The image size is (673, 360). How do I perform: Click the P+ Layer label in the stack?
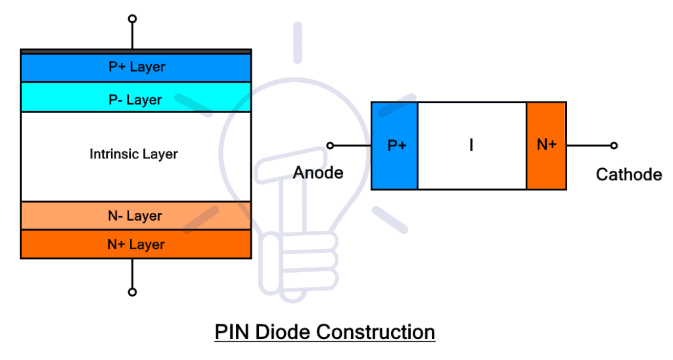[x=136, y=67]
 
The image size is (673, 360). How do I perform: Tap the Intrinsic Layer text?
[x=133, y=154]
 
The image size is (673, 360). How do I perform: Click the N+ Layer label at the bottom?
[x=136, y=244]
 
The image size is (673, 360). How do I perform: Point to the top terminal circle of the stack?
[x=132, y=18]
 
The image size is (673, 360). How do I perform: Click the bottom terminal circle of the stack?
[x=132, y=292]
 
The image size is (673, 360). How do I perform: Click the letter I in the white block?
[x=471, y=146]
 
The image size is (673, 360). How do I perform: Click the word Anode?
[x=318, y=173]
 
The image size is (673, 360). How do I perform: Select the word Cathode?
[x=628, y=174]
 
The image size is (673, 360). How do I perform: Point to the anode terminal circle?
[x=331, y=145]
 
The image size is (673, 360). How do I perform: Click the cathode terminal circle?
[x=614, y=145]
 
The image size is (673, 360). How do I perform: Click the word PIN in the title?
[x=232, y=332]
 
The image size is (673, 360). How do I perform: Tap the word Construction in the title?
[x=377, y=332]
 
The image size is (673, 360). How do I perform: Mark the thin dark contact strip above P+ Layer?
[x=135, y=51]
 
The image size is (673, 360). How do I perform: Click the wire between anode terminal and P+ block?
[x=352, y=145]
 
